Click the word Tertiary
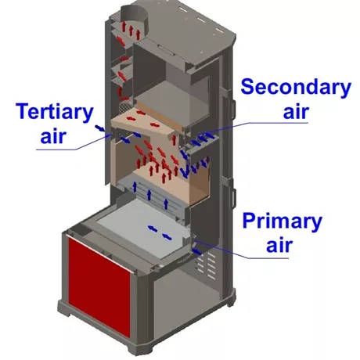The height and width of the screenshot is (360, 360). [55, 112]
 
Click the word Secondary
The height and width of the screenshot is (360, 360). [296, 87]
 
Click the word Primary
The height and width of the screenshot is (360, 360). [283, 221]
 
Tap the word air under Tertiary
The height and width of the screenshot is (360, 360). [53, 135]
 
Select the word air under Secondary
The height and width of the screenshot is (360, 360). [296, 112]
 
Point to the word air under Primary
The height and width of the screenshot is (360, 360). [279, 245]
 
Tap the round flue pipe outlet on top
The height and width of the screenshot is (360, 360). [134, 16]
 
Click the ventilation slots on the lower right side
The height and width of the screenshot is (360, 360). [207, 265]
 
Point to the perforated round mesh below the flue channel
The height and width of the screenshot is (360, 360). [124, 106]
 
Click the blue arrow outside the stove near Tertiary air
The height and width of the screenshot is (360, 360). [99, 128]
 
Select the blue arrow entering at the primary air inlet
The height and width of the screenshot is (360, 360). [197, 251]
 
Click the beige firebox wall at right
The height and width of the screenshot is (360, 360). [199, 182]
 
